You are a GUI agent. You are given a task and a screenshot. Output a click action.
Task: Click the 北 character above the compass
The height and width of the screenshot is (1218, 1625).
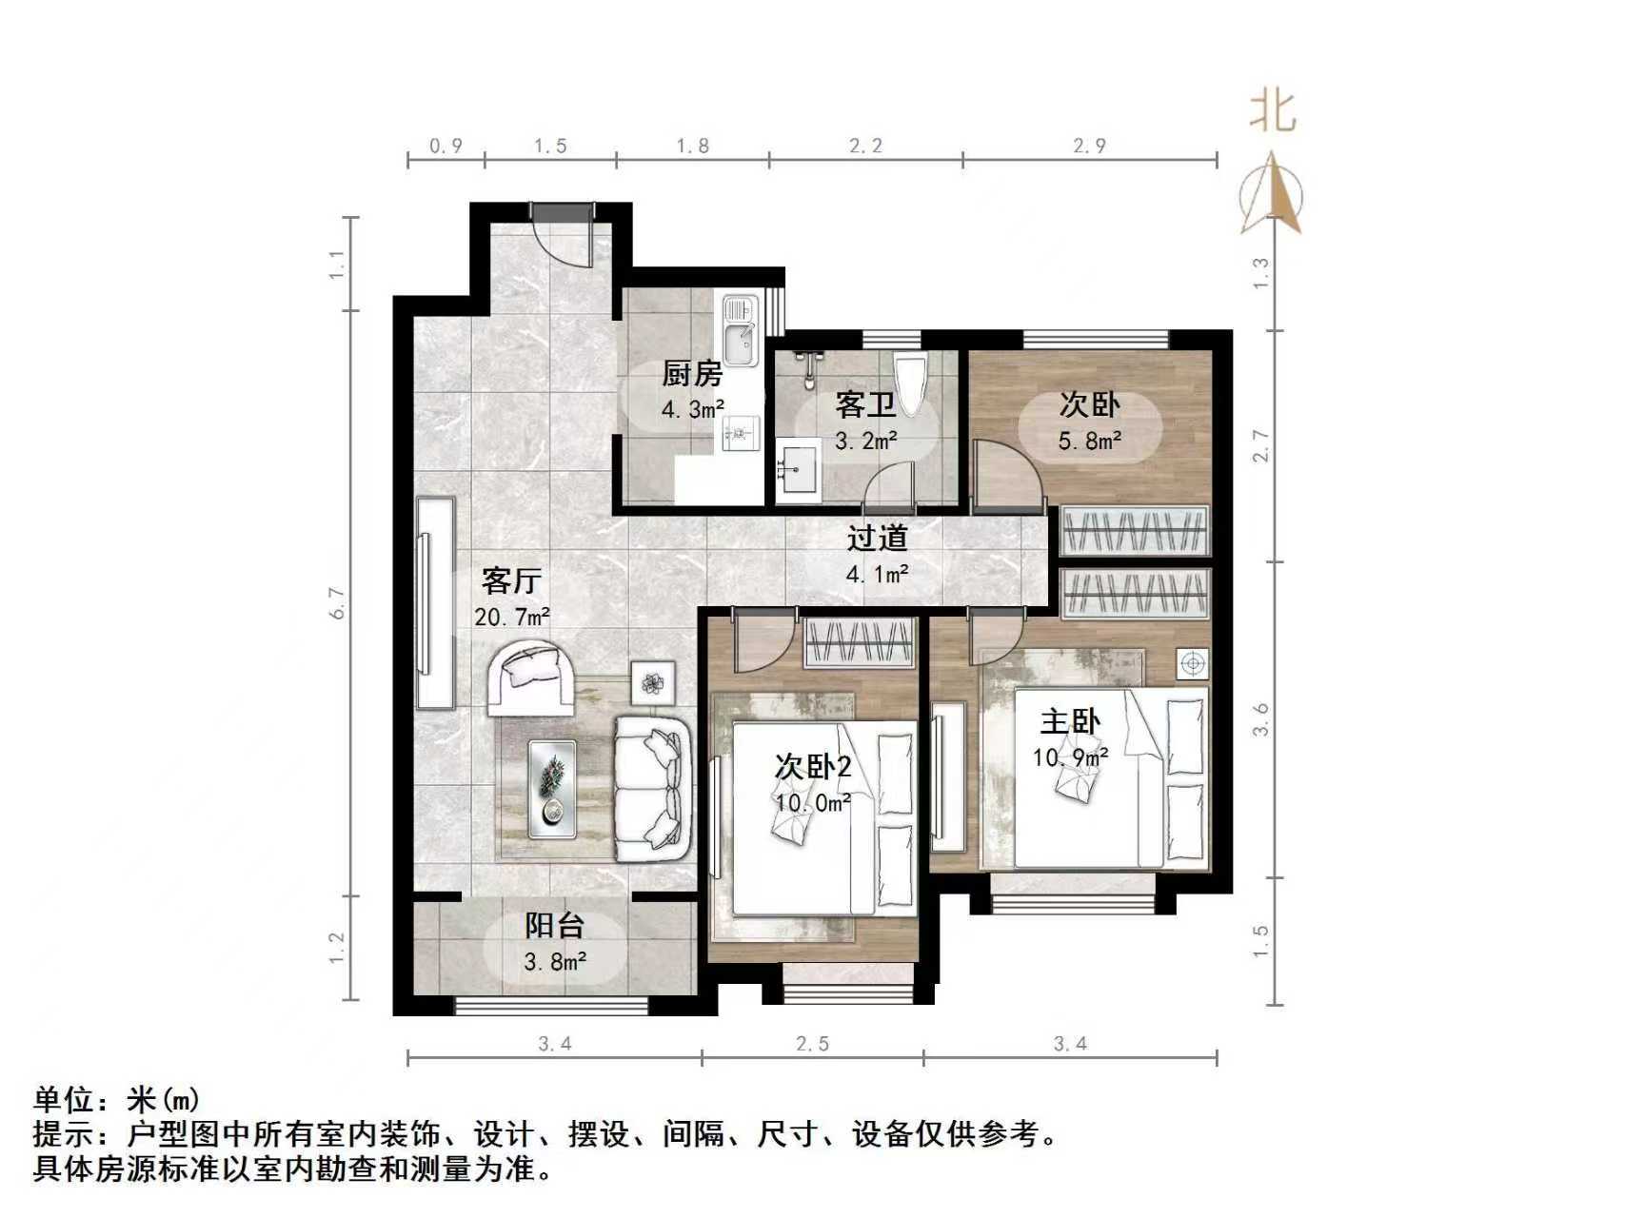1273,111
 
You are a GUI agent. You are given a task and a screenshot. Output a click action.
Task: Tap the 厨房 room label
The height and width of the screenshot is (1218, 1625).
692,374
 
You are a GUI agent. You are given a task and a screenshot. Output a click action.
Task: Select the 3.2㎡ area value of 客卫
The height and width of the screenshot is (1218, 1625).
865,442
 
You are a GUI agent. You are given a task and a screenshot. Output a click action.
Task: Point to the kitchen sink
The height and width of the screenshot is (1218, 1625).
740,329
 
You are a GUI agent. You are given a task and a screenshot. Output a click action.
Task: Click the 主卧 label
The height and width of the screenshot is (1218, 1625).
1070,722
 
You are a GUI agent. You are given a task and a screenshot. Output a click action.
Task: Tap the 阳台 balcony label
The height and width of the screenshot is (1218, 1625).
555,926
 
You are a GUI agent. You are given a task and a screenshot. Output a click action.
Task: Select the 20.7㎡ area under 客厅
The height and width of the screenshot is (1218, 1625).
512,617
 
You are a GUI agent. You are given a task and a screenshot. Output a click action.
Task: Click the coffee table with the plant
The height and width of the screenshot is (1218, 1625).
553,789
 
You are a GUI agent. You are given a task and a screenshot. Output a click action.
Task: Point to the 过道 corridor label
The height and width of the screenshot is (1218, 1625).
877,539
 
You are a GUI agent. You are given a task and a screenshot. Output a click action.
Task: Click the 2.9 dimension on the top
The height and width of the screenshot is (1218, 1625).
1089,147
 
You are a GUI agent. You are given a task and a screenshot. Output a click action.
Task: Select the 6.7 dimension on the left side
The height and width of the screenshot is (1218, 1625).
337,603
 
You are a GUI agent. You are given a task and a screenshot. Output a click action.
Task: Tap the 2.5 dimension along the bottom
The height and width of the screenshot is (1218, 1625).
812,1044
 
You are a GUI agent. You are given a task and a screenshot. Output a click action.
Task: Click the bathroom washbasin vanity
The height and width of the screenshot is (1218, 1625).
798,471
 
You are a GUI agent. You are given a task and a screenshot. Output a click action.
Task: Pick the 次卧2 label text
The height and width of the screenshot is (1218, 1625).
812,767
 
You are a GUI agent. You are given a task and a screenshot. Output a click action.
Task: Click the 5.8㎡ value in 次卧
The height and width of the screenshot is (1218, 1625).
1089,442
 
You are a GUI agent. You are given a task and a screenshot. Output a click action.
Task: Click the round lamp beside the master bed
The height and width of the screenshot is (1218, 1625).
1193,663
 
